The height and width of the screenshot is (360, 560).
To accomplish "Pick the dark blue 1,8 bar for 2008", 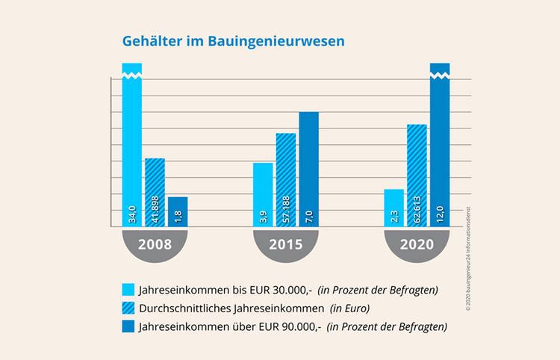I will pyautogui.click(x=178, y=211).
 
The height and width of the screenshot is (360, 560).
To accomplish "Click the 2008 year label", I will pyautogui.click(x=155, y=244).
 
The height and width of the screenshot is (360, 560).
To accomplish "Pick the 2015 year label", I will pyautogui.click(x=286, y=244).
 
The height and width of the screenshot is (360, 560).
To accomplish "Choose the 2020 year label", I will pyautogui.click(x=417, y=244).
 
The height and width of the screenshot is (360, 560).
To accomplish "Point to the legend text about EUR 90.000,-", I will pyautogui.click(x=291, y=326).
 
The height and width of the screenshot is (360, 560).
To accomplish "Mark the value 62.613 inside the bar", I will pyautogui.click(x=417, y=213).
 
